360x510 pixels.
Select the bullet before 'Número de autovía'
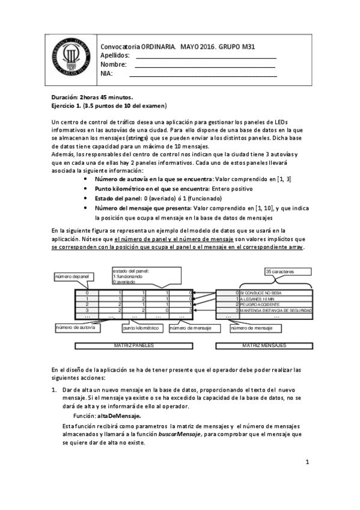(x=89, y=179)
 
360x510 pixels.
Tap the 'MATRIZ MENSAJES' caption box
(x=264, y=346)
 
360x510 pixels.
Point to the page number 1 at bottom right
(x=307, y=462)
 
